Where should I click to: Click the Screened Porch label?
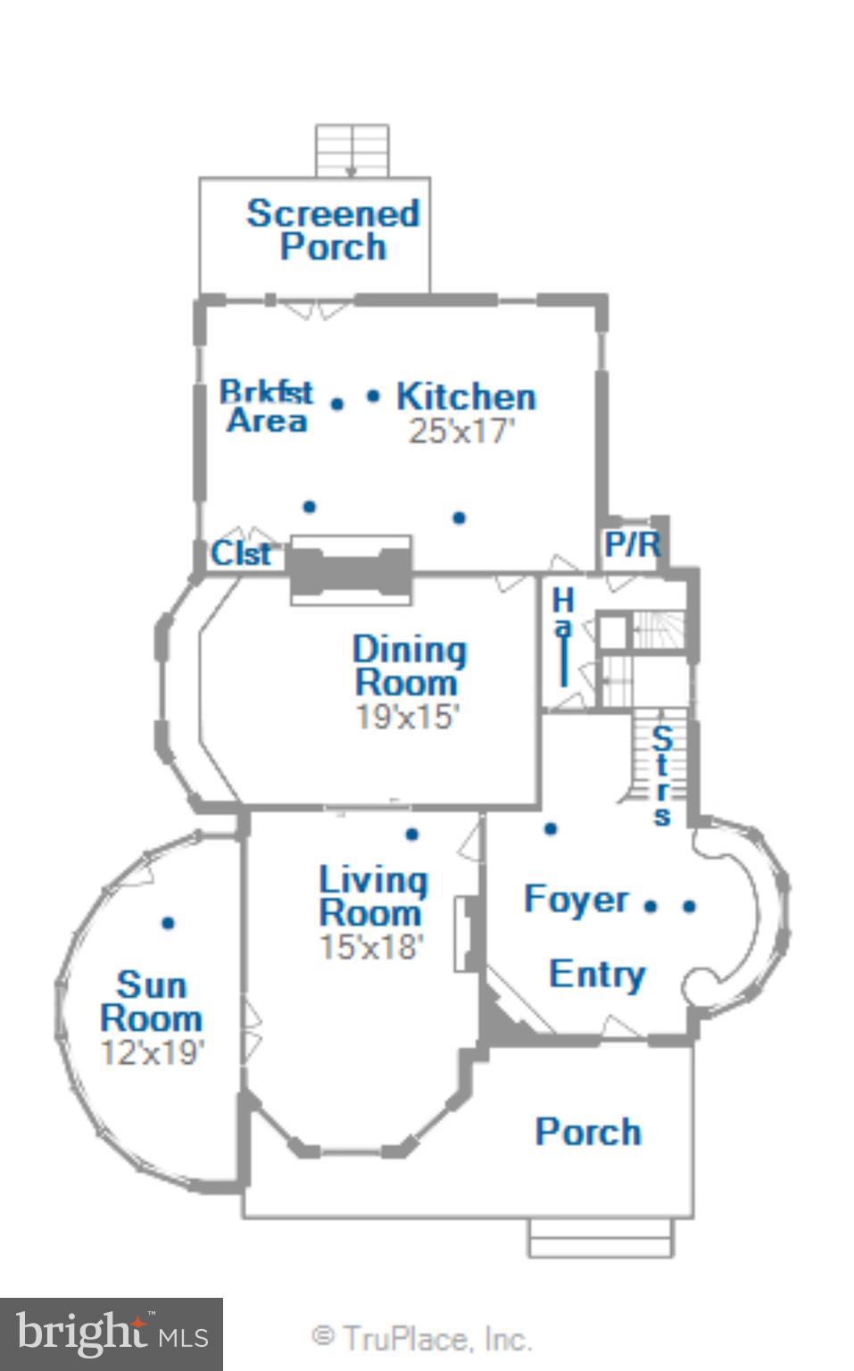pos(333,229)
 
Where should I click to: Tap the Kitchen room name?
pos(466,396)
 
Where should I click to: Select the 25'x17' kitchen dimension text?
pos(461,431)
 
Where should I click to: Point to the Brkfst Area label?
pos(266,406)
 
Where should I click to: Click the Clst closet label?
pos(240,553)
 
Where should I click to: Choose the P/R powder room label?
pos(632,544)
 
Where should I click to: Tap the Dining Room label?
pos(409,666)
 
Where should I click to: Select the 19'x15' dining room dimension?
pos(407,717)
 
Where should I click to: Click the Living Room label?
pos(372,896)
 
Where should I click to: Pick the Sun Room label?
pos(151,1001)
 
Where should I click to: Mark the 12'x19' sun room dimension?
pos(152,1052)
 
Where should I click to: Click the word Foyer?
pos(576,899)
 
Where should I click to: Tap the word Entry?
pos(596,974)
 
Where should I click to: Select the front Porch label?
pos(587,1132)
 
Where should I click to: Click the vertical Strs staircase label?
pos(661,776)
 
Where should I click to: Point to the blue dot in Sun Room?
pos(168,923)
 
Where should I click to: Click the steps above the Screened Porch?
pos(352,150)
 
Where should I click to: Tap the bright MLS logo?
pos(111,1334)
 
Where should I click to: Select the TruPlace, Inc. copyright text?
pos(421,1338)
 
